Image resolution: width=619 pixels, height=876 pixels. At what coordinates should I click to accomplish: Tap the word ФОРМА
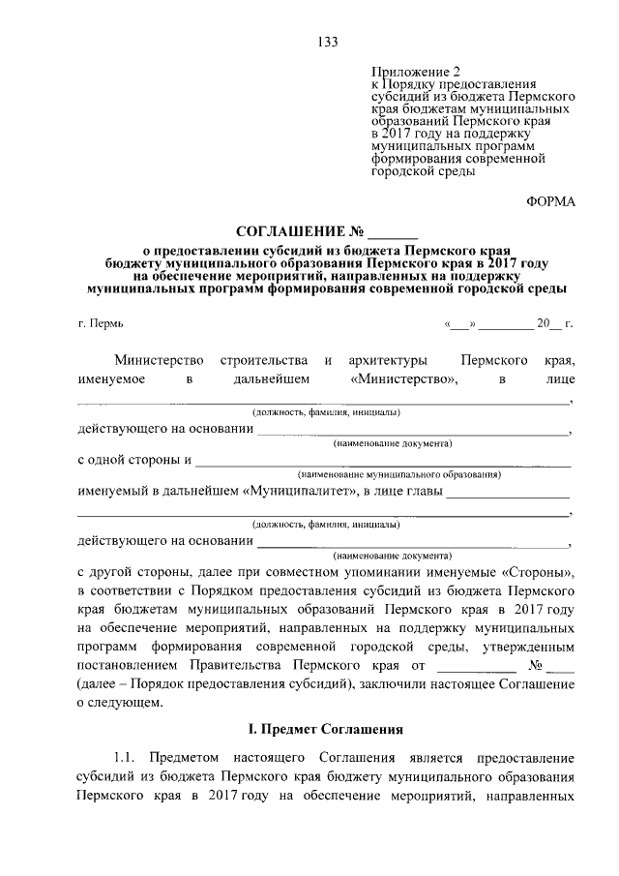(550, 201)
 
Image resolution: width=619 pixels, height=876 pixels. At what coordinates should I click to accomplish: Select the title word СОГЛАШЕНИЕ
(291, 232)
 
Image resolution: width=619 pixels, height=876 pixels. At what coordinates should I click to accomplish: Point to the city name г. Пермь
(101, 322)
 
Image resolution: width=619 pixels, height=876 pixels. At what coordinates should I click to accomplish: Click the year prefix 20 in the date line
(543, 322)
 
